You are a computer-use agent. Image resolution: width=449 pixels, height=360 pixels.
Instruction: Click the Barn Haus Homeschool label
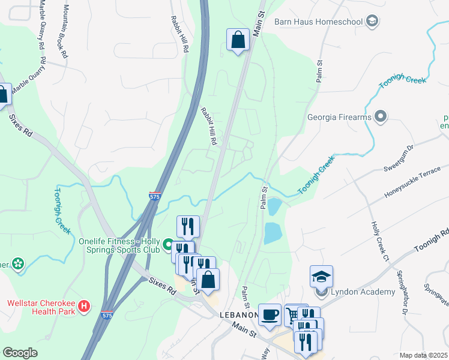click(318, 22)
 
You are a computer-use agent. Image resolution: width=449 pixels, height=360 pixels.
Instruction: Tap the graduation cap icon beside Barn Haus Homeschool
click(372, 22)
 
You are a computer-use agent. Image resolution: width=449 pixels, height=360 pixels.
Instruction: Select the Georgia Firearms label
click(339, 117)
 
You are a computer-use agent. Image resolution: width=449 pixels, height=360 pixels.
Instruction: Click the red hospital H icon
click(85, 307)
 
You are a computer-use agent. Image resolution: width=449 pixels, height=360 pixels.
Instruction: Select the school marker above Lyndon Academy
click(322, 277)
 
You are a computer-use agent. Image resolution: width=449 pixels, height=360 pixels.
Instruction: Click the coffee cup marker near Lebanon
click(270, 314)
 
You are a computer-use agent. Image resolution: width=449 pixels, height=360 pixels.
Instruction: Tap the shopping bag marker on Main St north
click(238, 40)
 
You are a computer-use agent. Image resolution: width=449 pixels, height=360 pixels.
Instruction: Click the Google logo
click(20, 353)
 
